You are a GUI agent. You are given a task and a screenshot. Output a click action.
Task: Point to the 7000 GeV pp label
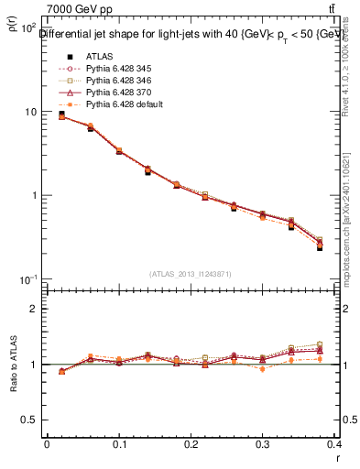click(80, 9)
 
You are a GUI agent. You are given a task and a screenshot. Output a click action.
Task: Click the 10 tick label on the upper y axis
click(29, 112)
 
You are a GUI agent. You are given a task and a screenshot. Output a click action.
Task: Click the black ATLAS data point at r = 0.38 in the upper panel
click(320, 247)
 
